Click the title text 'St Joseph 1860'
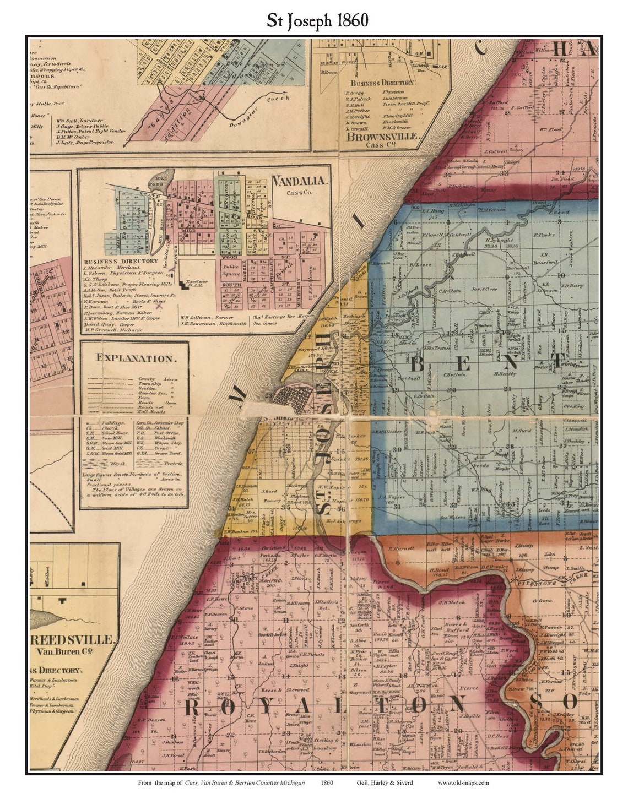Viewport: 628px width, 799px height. point(317,20)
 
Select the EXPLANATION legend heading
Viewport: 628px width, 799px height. point(134,358)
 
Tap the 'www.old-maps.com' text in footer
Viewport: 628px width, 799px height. point(463,782)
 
